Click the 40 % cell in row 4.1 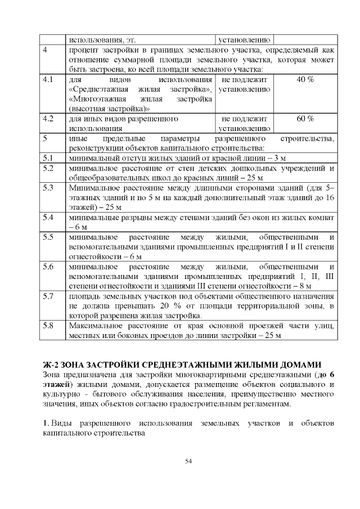[x=304, y=79]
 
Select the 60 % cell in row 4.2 [x=304, y=119]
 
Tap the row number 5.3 [x=48, y=187]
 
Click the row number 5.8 [x=48, y=326]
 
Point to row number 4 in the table [x=45, y=50]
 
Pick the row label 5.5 [x=48, y=237]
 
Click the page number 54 [x=188, y=461]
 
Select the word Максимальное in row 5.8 [x=96, y=326]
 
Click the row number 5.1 [x=48, y=158]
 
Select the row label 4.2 [x=48, y=119]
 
